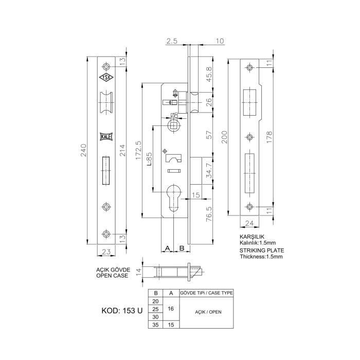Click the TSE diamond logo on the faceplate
[106, 78]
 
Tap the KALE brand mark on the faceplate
[106, 137]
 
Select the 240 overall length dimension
[83, 150]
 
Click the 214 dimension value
[123, 150]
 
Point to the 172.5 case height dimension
[138, 150]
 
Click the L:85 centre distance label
[149, 159]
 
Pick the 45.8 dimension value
[209, 74]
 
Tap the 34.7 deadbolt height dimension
[209, 171]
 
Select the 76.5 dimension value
[209, 214]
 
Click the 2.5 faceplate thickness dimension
[172, 41]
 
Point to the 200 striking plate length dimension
[224, 137]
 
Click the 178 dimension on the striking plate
[269, 137]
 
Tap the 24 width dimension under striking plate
[249, 223]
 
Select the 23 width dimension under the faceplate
[106, 252]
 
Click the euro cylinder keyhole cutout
[174, 199]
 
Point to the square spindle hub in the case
[174, 125]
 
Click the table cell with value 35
[155, 325]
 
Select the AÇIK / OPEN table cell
[208, 312]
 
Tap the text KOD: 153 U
[122, 311]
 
